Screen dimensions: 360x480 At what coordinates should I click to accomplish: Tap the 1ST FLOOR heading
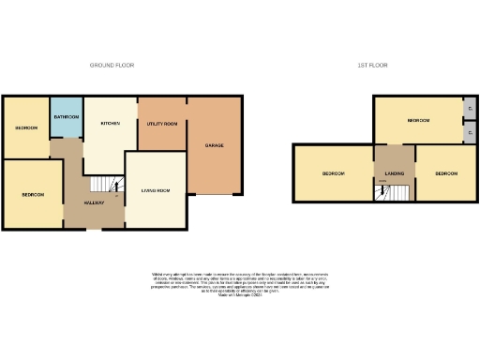372,65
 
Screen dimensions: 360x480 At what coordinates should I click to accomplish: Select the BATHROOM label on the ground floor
66,116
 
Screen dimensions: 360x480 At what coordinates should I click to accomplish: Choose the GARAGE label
214,145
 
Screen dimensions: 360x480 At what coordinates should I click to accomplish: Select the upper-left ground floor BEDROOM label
25,127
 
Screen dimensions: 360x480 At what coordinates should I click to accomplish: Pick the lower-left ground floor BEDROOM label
33,194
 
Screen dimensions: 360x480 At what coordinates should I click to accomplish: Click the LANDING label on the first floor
394,174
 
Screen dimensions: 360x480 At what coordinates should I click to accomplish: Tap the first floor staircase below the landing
394,193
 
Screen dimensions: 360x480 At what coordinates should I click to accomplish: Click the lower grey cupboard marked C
467,133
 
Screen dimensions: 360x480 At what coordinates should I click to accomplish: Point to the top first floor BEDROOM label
418,121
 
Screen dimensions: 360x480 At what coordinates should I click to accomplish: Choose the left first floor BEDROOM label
334,174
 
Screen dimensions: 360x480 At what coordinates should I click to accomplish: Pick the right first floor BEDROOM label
445,174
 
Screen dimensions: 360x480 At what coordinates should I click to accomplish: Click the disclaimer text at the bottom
240,284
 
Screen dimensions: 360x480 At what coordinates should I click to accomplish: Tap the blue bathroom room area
66,127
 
